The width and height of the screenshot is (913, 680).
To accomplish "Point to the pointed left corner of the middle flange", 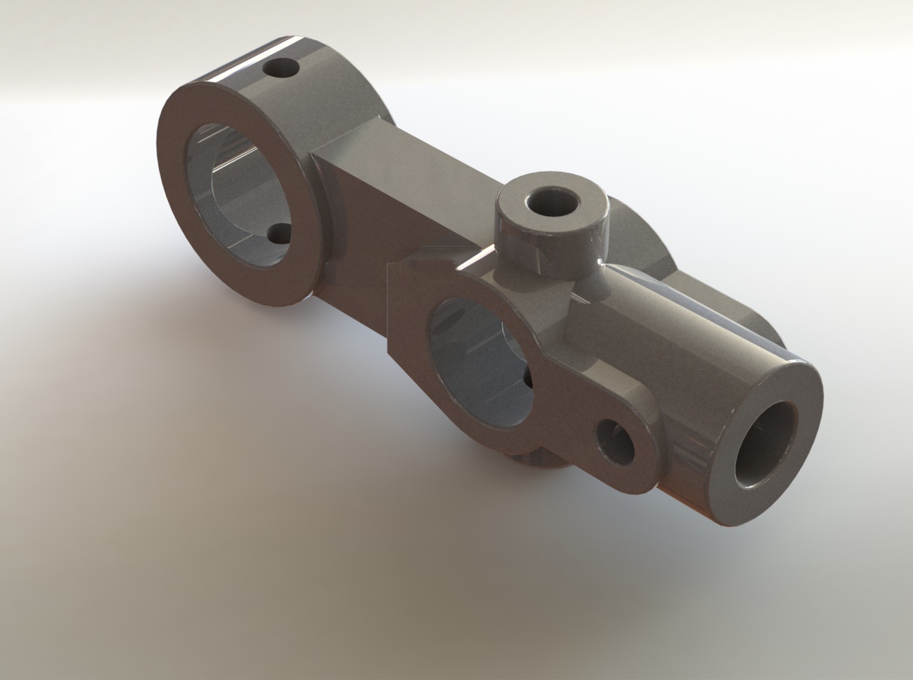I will click(390, 271).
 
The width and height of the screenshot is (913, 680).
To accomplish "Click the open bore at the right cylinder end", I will click(765, 444).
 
